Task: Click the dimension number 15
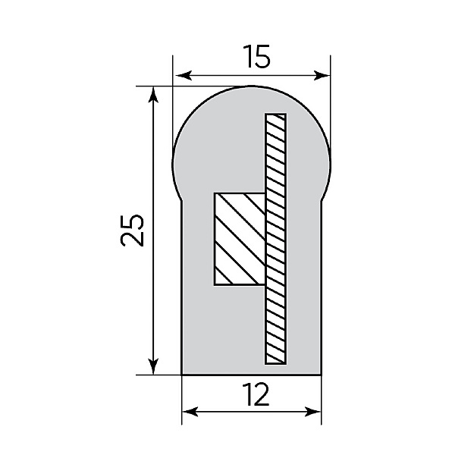point(256,56)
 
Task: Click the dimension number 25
point(132,231)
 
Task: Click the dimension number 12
point(256,394)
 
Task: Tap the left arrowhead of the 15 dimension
point(184,75)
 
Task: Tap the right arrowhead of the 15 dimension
point(322,75)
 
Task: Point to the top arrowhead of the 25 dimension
point(153,95)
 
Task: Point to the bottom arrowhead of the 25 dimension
point(153,366)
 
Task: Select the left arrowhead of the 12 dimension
point(190,412)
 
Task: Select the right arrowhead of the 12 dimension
point(312,412)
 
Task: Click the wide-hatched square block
point(240,239)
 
